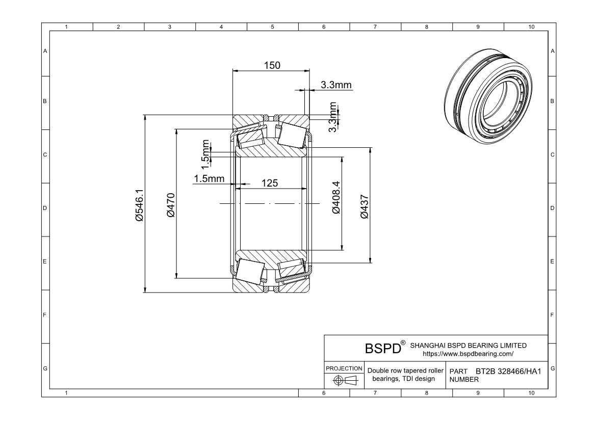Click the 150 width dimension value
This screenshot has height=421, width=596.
271,65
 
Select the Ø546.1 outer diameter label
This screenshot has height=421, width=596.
139,204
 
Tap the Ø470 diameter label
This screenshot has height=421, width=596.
171,205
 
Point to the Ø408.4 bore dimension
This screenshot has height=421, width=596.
336,197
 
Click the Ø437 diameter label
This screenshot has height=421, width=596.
364,206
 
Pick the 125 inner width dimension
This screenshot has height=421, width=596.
270,183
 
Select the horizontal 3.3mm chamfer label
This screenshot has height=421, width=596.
336,85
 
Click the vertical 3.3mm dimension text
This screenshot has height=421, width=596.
332,117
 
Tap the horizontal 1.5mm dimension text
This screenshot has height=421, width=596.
209,178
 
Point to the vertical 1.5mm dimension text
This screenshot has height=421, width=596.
206,154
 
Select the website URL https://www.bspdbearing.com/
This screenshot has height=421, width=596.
468,353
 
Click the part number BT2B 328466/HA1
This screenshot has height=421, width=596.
508,372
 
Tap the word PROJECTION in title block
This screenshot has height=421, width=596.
344,368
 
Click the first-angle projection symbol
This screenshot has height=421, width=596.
344,380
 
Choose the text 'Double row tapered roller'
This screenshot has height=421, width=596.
406,371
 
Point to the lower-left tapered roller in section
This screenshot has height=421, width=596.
249,272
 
